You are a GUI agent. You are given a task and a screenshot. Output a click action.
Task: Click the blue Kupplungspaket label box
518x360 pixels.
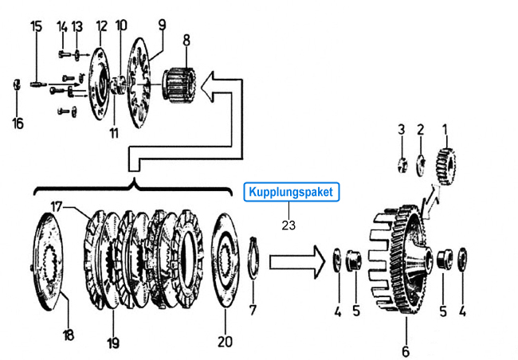(292, 192)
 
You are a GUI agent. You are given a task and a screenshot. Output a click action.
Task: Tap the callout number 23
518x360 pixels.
(288, 225)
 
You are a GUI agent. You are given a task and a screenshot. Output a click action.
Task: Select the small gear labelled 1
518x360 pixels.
(445, 166)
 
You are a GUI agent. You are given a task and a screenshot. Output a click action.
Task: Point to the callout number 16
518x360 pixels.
(18, 123)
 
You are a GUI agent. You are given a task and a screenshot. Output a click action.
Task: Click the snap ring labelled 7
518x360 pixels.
(253, 257)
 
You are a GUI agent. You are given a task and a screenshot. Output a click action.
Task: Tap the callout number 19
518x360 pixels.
(113, 343)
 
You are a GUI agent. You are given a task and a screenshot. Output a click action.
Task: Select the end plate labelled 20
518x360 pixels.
(226, 260)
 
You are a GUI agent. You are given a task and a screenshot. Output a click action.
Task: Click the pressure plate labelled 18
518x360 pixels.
(47, 261)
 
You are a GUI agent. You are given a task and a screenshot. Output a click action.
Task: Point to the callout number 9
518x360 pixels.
(162, 25)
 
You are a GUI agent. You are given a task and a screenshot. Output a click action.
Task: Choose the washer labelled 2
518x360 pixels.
(421, 165)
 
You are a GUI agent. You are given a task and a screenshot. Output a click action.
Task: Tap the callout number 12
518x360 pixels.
(102, 26)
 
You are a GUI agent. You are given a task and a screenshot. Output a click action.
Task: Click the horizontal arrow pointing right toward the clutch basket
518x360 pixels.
(298, 262)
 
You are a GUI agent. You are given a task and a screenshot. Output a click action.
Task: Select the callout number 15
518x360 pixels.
(37, 26)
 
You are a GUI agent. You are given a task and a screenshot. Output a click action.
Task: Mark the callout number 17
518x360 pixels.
(57, 207)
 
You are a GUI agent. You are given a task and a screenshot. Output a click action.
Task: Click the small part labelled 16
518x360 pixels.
(17, 84)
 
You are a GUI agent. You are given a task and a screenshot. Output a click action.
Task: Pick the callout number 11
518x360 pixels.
(114, 133)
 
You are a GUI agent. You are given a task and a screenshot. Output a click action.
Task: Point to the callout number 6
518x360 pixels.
(406, 350)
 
